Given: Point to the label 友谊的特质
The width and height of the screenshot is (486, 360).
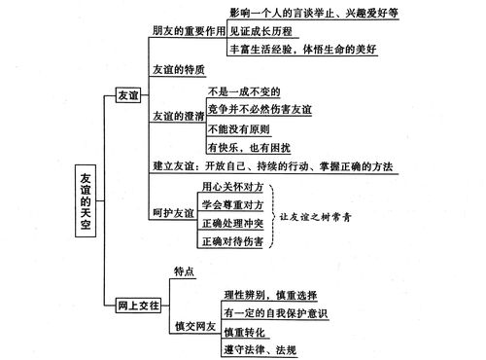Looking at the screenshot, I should coord(178,70).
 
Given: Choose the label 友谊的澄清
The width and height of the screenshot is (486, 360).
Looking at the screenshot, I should coord(178,115).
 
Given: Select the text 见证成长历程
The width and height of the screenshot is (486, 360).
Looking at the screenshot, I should coord(261,30).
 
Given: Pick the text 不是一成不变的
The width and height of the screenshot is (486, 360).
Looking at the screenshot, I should coord(245,90).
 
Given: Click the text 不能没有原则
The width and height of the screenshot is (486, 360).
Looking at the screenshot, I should coord(239,129).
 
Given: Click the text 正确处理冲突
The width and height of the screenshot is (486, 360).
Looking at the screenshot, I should coord(232,250).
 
